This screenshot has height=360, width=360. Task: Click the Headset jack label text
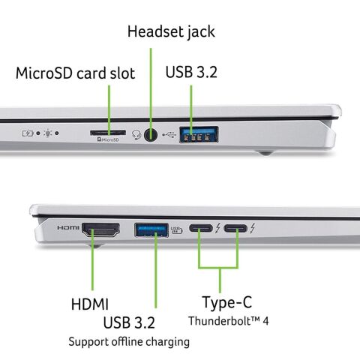tap(170, 31)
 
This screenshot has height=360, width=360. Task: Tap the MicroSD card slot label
tap(75, 73)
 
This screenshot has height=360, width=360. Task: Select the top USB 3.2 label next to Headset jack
tap(191, 73)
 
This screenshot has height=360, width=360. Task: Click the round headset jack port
tap(151, 135)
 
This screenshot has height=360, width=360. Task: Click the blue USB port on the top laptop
tap(199, 136)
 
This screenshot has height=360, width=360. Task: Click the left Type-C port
tap(201, 229)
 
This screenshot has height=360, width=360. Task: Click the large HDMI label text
tap(89, 304)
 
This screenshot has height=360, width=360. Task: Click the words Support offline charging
tap(128, 341)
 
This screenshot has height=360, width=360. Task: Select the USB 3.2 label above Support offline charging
tap(129, 323)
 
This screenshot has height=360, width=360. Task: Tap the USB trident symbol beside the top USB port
tap(169, 136)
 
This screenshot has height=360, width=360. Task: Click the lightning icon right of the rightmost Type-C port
tap(254, 228)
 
